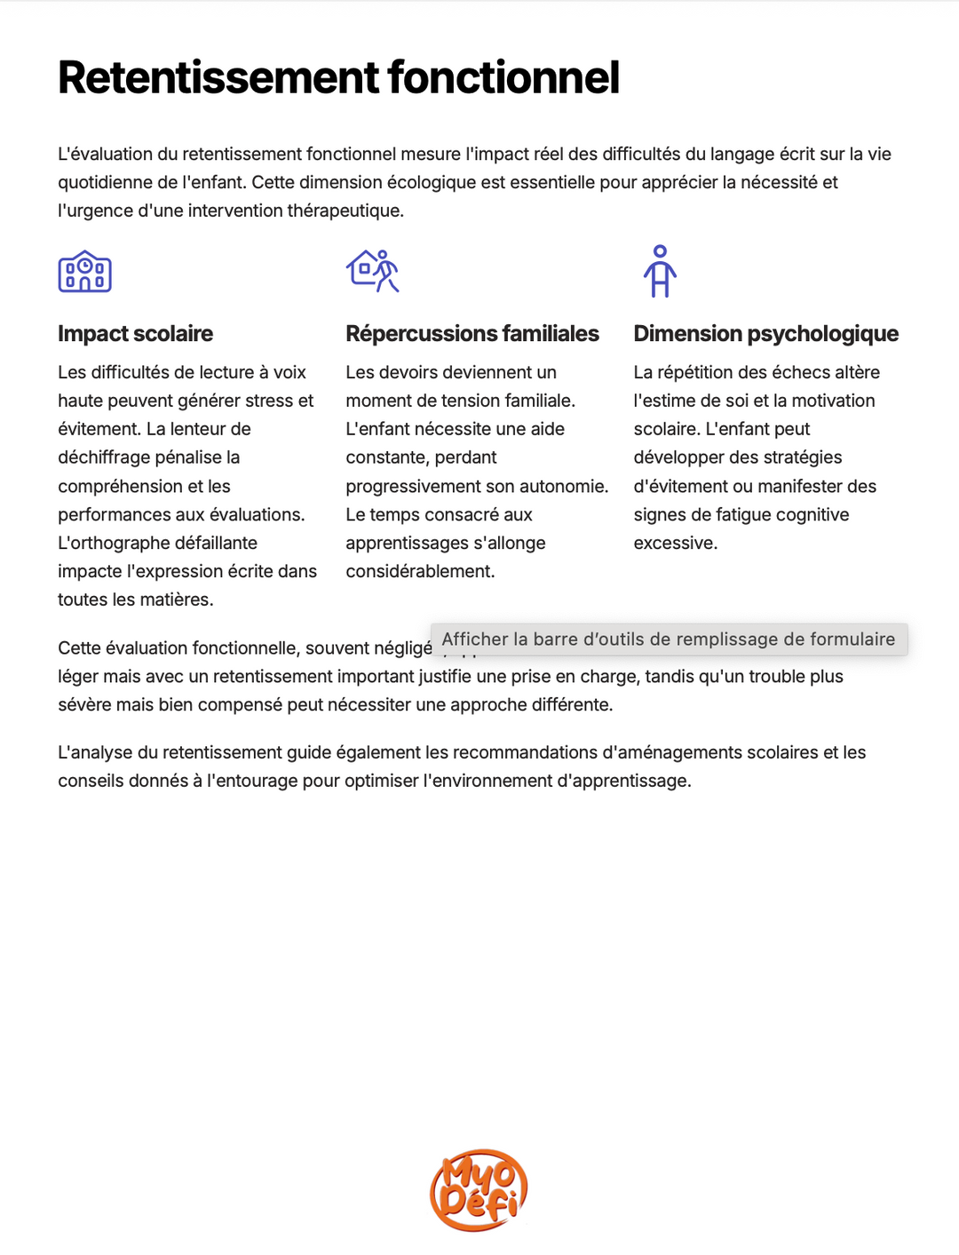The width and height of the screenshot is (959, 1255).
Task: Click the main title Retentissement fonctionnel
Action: click(x=338, y=77)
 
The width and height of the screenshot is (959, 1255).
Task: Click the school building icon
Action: click(x=84, y=272)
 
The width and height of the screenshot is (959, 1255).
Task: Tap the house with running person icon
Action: click(x=373, y=270)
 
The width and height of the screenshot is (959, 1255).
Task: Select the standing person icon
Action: click(x=660, y=271)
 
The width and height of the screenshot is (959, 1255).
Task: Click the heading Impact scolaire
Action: click(x=135, y=334)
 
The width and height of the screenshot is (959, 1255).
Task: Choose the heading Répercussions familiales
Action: click(x=472, y=334)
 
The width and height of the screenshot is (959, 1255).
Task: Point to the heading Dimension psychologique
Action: click(x=765, y=334)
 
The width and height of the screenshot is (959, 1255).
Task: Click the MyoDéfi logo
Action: click(x=479, y=1190)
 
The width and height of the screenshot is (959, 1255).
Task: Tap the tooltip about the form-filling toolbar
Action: click(x=669, y=639)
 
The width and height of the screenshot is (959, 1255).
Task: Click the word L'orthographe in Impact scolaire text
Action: click(x=157, y=544)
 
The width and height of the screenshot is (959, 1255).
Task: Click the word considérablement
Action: click(x=420, y=572)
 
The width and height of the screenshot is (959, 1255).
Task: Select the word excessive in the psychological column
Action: click(x=675, y=544)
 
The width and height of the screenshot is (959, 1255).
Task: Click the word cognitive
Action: click(x=809, y=515)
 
